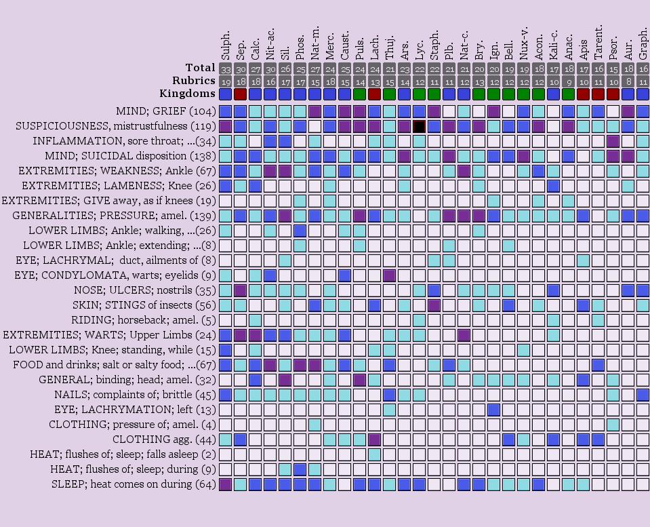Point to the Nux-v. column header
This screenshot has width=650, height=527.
coord(523,45)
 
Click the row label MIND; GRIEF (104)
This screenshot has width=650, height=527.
coord(165,111)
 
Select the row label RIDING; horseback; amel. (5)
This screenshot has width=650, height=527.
coord(143,320)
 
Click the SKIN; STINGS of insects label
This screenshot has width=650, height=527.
coord(144,305)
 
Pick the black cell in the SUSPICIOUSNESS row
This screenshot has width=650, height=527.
coord(419,126)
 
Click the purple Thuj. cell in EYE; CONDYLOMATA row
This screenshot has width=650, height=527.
coord(389,275)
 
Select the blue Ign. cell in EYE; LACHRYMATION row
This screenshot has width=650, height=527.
coord(493,410)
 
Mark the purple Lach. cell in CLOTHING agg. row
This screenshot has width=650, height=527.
coord(374,440)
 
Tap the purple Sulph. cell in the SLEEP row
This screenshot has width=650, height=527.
coord(225,484)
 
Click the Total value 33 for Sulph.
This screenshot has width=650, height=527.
coord(225,69)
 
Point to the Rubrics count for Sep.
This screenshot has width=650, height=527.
coord(240,81)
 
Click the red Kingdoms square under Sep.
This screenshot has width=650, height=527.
coord(240,94)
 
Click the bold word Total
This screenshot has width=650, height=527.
coord(200,68)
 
